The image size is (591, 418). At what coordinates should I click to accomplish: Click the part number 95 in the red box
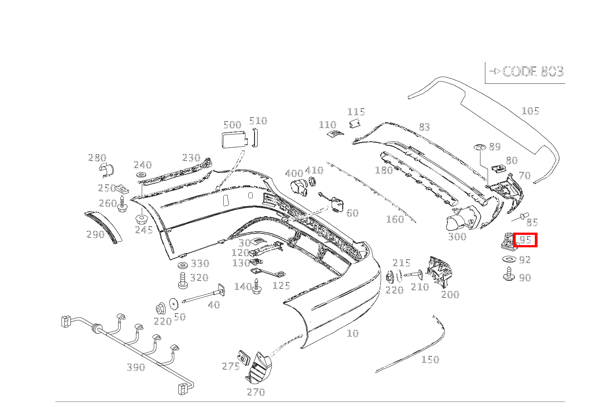click(x=525, y=240)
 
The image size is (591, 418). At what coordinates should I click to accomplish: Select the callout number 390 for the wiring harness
click(x=136, y=367)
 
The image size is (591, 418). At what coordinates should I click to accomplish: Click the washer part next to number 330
click(x=182, y=266)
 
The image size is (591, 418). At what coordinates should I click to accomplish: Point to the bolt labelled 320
click(x=182, y=280)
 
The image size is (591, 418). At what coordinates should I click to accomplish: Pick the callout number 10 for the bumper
click(x=353, y=333)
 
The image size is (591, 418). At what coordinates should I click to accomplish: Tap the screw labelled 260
click(x=122, y=205)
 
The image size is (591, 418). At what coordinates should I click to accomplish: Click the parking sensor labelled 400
click(x=299, y=188)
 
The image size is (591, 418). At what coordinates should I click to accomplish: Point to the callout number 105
click(x=530, y=111)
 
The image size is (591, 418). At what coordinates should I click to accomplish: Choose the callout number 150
click(x=430, y=360)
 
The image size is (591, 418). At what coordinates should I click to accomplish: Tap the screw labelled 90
click(x=508, y=274)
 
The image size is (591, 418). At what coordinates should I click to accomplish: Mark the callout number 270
click(x=255, y=392)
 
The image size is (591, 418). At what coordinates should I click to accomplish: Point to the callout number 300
click(x=457, y=237)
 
